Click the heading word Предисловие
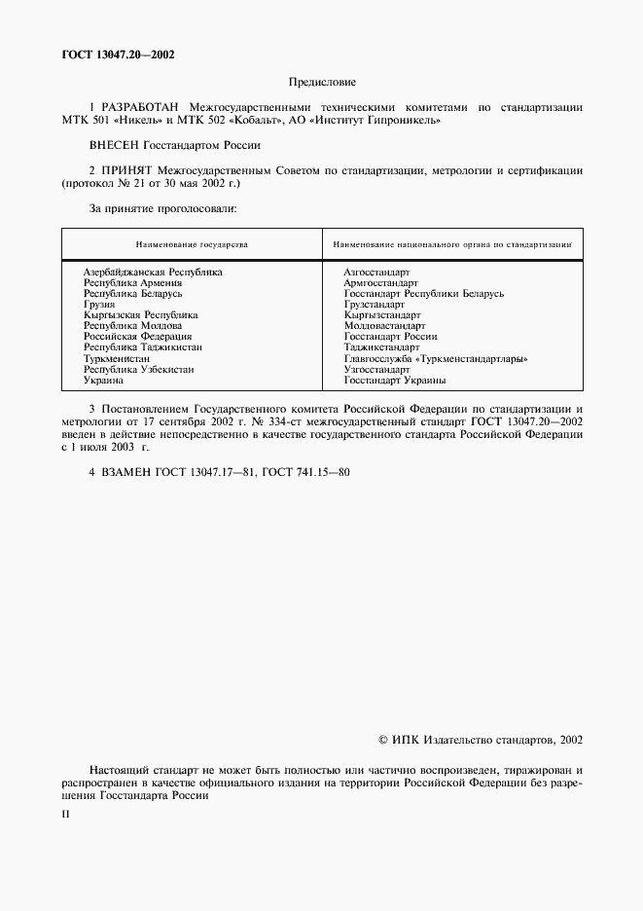[x=322, y=82]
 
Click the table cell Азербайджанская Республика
[x=153, y=273]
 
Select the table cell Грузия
[x=99, y=305]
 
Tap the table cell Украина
[x=103, y=381]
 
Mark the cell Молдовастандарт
[x=384, y=326]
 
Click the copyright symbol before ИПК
[x=383, y=740]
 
